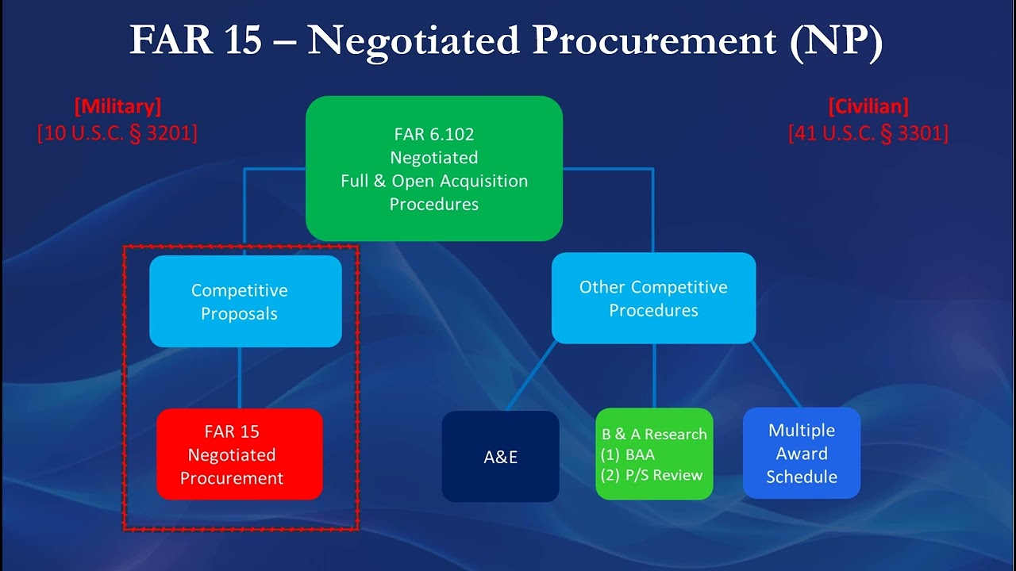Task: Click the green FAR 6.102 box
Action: click(x=434, y=168)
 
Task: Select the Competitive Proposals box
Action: click(x=245, y=301)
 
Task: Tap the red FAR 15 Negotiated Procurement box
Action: click(x=239, y=454)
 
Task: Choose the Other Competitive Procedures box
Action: click(x=653, y=298)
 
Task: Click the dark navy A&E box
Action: click(x=500, y=457)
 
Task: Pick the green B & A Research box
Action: click(x=654, y=454)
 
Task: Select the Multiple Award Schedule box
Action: click(x=801, y=454)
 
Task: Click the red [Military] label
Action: click(x=117, y=106)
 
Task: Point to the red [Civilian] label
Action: click(x=868, y=106)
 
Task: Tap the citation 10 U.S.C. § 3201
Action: click(x=117, y=132)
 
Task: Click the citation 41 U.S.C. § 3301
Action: click(x=868, y=132)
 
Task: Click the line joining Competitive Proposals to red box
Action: click(x=240, y=377)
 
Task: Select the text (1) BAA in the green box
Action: click(x=629, y=455)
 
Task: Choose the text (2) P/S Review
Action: click(x=652, y=475)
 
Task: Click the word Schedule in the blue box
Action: click(x=802, y=477)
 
